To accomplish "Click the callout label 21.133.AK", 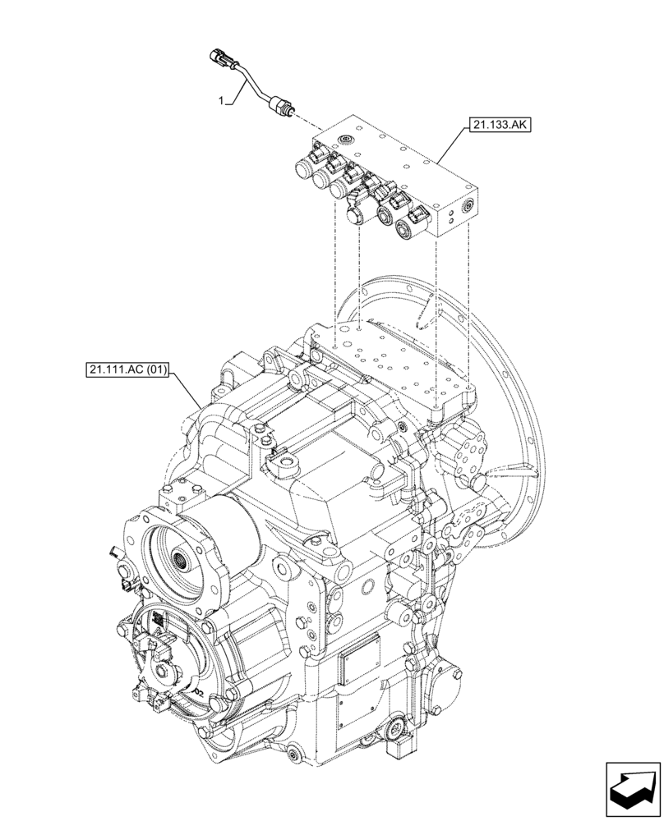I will click(x=499, y=126).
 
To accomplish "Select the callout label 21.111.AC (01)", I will click(x=127, y=371).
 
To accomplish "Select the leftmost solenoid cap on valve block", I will click(x=304, y=172).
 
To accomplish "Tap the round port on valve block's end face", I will click(x=469, y=204).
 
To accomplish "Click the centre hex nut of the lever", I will click(x=168, y=671).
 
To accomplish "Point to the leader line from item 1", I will click(x=232, y=89).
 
